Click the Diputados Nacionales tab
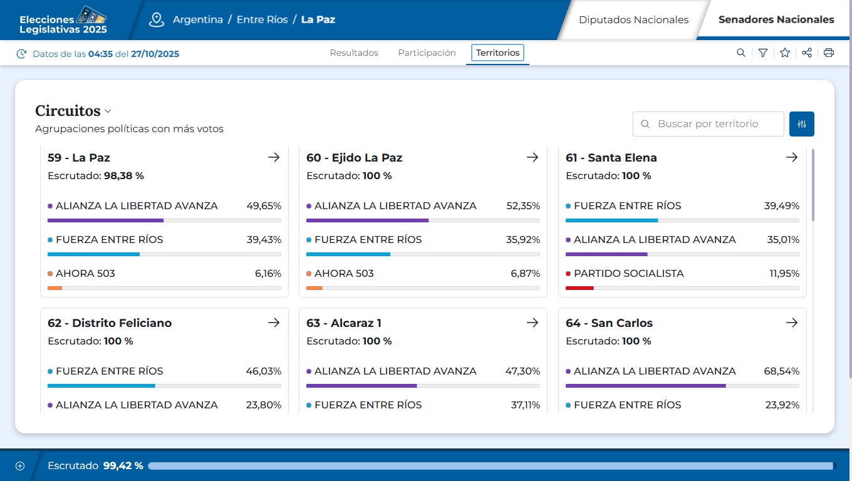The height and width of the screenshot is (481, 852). (x=633, y=19)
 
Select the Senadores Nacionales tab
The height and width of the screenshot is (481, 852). (x=776, y=19)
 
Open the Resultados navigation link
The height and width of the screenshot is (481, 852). (x=354, y=53)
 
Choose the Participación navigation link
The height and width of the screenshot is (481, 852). (x=427, y=53)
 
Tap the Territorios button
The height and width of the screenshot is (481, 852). (x=497, y=53)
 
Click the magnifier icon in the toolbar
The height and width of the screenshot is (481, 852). (x=741, y=53)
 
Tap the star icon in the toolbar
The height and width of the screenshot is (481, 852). (x=785, y=53)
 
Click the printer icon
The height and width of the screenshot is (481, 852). (x=829, y=53)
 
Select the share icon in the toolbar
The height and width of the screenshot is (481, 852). (x=807, y=53)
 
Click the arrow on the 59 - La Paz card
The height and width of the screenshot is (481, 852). (x=274, y=157)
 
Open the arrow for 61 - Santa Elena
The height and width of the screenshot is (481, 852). (x=792, y=157)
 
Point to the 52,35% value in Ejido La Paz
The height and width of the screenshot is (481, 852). (x=523, y=206)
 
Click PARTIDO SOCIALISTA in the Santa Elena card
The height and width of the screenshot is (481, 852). (x=628, y=274)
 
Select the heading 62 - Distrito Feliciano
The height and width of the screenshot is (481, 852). (x=110, y=323)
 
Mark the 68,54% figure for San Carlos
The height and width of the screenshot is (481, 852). (x=781, y=371)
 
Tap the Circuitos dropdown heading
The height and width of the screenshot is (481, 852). (x=73, y=111)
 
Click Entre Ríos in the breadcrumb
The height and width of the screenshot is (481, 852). (x=262, y=19)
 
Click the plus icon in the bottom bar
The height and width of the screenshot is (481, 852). (x=20, y=466)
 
